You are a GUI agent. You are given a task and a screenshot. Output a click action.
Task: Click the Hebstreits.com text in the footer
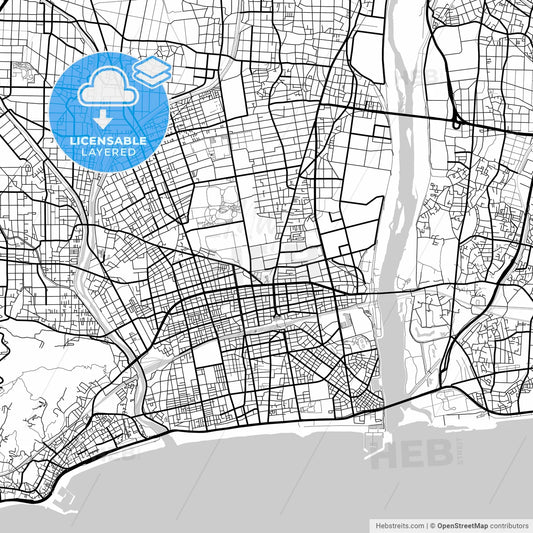pyautogui.click(x=394, y=524)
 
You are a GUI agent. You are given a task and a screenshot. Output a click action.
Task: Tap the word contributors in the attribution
pyautogui.click(x=509, y=524)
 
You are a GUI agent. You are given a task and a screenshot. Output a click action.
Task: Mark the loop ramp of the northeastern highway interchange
pyautogui.click(x=457, y=122)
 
